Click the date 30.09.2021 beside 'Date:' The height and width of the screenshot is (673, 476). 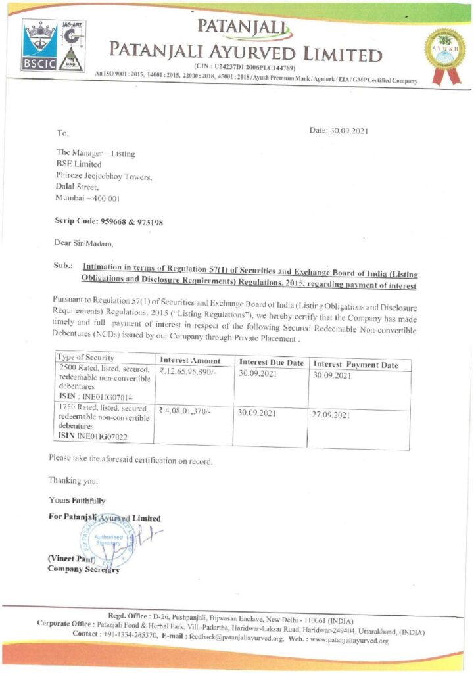tap(349, 131)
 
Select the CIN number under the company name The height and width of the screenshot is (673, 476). tap(245, 68)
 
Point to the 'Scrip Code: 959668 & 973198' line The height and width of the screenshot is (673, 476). tap(108, 222)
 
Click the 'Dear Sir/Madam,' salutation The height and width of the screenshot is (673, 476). tap(83, 243)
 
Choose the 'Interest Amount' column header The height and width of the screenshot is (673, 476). tap(190, 360)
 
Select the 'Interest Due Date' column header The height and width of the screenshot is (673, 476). tap(272, 363)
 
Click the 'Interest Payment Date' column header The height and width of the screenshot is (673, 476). tap(356, 365)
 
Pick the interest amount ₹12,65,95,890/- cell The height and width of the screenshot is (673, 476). tap(189, 372)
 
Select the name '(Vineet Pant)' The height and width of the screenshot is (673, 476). tap(72, 559)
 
